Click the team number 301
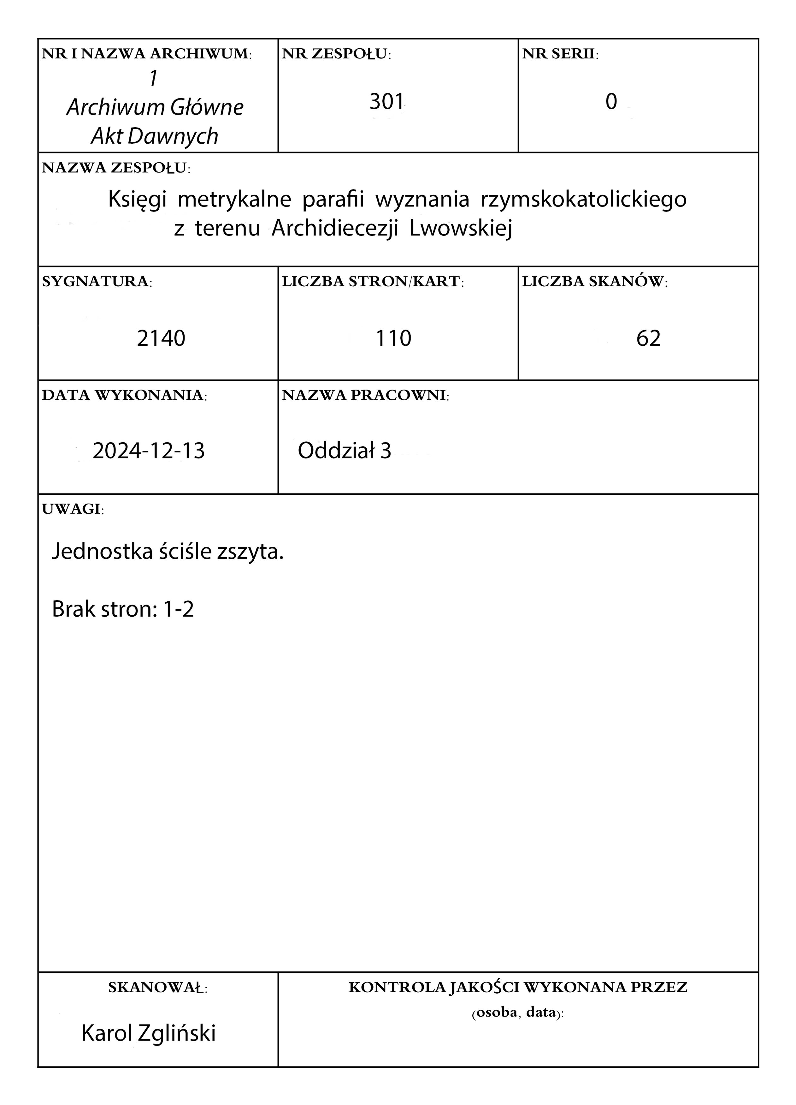point(386,102)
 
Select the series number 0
point(611,102)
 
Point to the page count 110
point(393,338)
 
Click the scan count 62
point(648,338)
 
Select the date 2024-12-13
point(149,451)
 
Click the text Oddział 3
point(344,451)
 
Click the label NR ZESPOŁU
point(336,54)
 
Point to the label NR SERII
point(560,54)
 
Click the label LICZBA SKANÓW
point(594,282)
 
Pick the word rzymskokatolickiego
point(584,199)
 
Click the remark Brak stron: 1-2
point(123,609)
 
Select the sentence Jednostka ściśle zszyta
point(168,552)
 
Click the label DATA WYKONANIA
point(124,395)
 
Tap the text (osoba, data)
point(517,1013)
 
